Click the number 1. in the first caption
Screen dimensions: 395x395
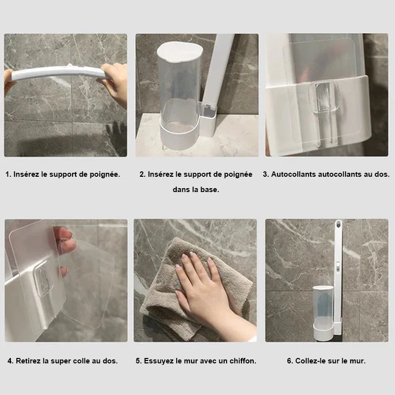(8, 174)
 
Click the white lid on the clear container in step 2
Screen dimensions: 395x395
(180, 52)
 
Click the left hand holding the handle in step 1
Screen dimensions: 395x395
(8, 80)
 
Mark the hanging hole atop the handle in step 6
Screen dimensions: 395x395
(339, 224)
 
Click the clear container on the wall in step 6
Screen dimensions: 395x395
(323, 313)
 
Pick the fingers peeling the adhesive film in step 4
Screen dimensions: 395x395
(66, 242)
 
